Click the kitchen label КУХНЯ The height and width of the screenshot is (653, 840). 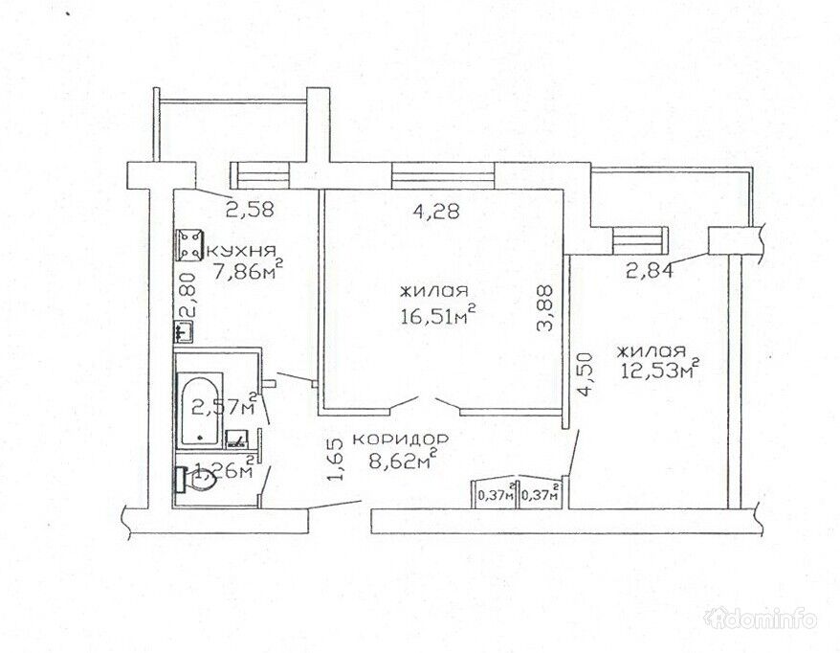coord(240,251)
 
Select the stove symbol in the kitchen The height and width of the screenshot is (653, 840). coord(189,245)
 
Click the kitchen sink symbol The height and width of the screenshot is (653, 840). coord(185,330)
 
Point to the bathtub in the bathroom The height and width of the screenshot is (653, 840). coord(200,410)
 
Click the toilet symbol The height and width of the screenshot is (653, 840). coord(196,481)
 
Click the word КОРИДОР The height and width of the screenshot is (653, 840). coord(400,439)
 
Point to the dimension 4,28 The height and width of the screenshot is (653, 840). coord(436,212)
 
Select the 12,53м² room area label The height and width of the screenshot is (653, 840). coord(660,368)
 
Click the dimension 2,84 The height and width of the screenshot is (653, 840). coord(650,271)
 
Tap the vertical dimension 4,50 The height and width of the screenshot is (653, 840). coord(587,373)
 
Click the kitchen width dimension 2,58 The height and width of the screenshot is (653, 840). coord(250,209)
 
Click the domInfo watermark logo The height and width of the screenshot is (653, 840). coord(762,619)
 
